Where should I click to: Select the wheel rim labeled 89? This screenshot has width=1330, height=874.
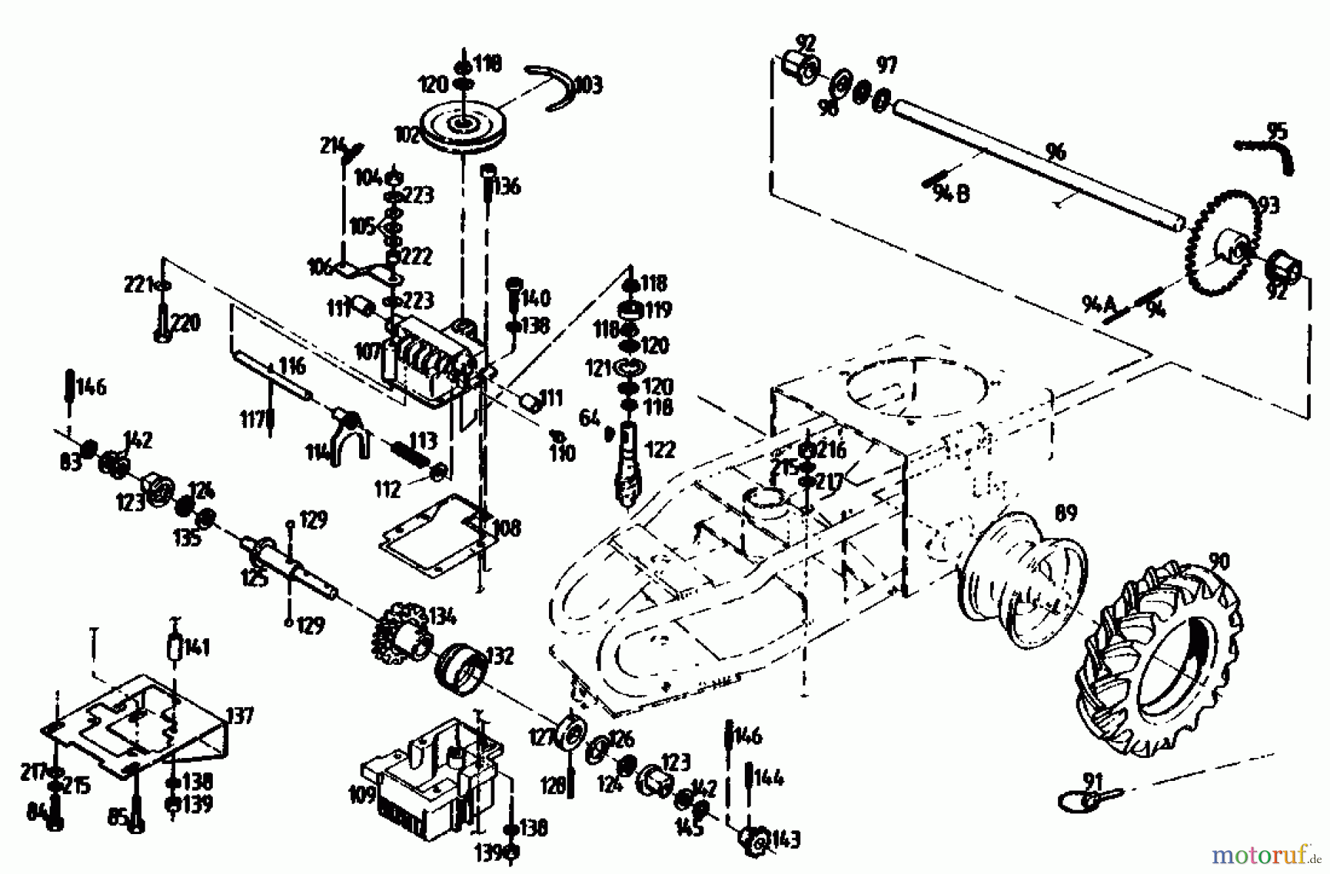pos(1023,580)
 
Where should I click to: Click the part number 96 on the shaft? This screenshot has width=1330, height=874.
pos(1057,151)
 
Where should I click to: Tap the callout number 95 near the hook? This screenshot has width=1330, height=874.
pos(1276,132)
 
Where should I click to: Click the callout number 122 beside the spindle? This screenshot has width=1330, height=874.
pos(660,448)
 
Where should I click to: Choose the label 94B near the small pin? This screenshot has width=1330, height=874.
pos(952,194)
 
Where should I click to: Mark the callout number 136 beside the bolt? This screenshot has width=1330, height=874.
pos(506,186)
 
